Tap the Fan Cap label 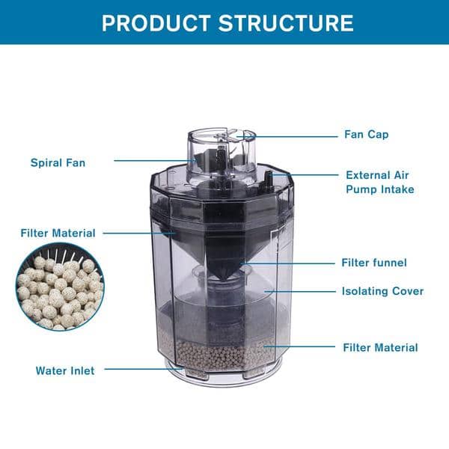[x=367, y=135]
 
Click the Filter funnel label [x=373, y=263]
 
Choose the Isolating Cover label [x=382, y=291]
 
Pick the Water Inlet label [x=65, y=370]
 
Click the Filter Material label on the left [x=58, y=233]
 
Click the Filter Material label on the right [x=380, y=347]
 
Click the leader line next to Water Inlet [x=142, y=369]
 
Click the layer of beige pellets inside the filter [x=224, y=352]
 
